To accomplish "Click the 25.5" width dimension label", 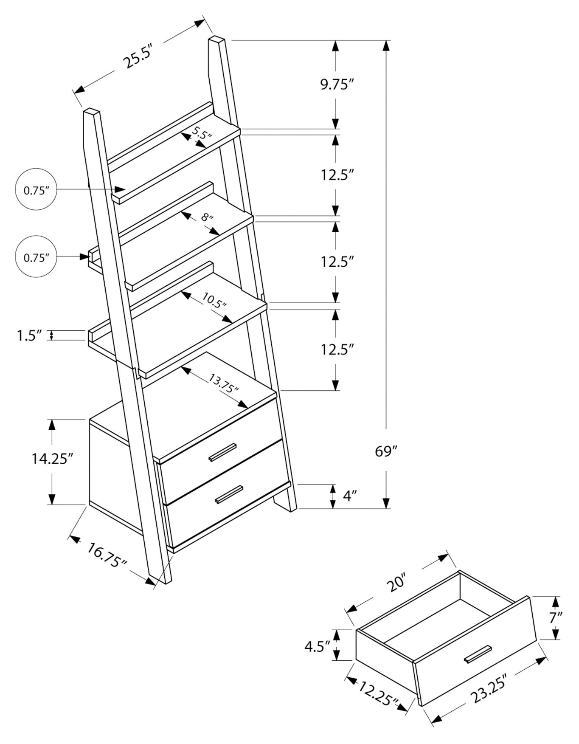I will (137, 56).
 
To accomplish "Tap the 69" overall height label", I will (385, 451).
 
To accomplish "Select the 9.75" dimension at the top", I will (337, 85).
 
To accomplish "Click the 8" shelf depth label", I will (207, 218).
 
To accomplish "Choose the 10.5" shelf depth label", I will (214, 300).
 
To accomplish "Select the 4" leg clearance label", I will (349, 496).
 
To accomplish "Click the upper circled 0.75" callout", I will (36, 190).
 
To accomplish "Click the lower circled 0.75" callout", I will (36, 257).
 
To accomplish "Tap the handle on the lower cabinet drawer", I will (229, 494).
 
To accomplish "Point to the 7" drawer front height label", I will (556, 617).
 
